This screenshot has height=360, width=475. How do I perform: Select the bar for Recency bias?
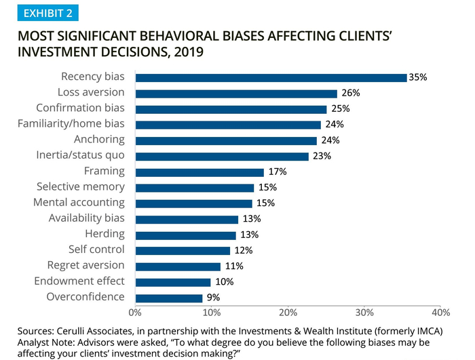[x=271, y=77]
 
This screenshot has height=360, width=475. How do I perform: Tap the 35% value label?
[x=419, y=77]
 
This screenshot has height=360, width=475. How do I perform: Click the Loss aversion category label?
[x=91, y=92]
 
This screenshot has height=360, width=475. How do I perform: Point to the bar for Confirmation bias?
[x=231, y=108]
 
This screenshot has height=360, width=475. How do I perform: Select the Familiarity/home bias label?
[x=71, y=123]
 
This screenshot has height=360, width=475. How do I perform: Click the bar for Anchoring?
[x=226, y=140]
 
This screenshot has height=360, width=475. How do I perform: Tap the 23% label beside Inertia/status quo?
[x=322, y=156]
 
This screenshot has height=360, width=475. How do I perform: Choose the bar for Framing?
[x=199, y=172]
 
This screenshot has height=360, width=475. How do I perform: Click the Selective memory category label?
[x=81, y=186]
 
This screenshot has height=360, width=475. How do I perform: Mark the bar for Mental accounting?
[x=193, y=203]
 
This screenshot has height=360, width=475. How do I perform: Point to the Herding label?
[x=104, y=234]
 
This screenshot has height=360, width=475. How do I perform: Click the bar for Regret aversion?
[x=178, y=266]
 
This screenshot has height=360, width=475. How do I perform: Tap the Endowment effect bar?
[x=173, y=282]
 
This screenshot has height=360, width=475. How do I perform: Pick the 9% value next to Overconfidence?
[x=213, y=298]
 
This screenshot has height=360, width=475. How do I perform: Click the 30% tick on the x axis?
[x=364, y=313]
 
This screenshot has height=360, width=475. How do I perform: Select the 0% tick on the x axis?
[x=134, y=313]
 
